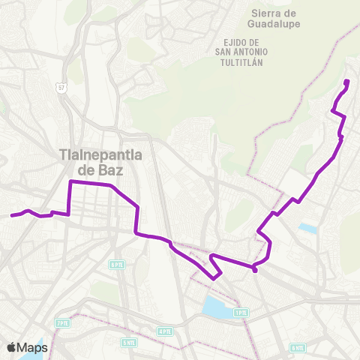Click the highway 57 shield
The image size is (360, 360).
click(62, 88)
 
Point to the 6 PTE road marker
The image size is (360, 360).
click(116, 264)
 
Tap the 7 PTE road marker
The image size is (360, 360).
click(61, 322)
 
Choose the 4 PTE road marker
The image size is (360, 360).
click(165, 331)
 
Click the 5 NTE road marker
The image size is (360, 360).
click(129, 342)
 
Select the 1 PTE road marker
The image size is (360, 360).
click(241, 312)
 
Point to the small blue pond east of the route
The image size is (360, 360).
click(307, 226)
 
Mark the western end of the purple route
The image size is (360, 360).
click(11, 216)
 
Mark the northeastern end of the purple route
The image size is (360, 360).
click(346, 81)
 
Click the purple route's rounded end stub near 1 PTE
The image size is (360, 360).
click(256, 270)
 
